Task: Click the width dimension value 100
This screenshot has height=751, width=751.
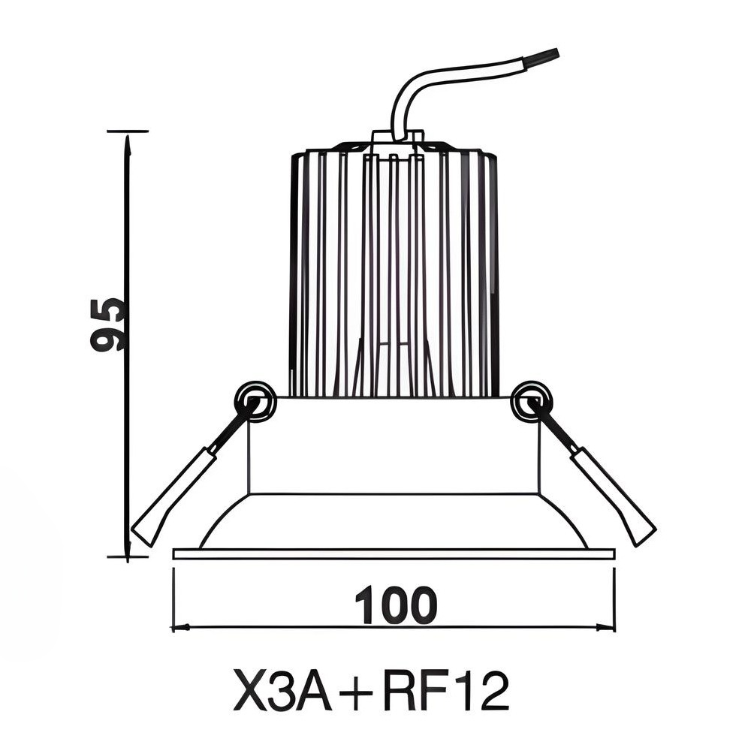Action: point(395,606)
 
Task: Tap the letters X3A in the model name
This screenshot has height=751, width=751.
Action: point(282,692)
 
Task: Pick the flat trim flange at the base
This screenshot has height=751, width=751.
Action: point(394,554)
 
